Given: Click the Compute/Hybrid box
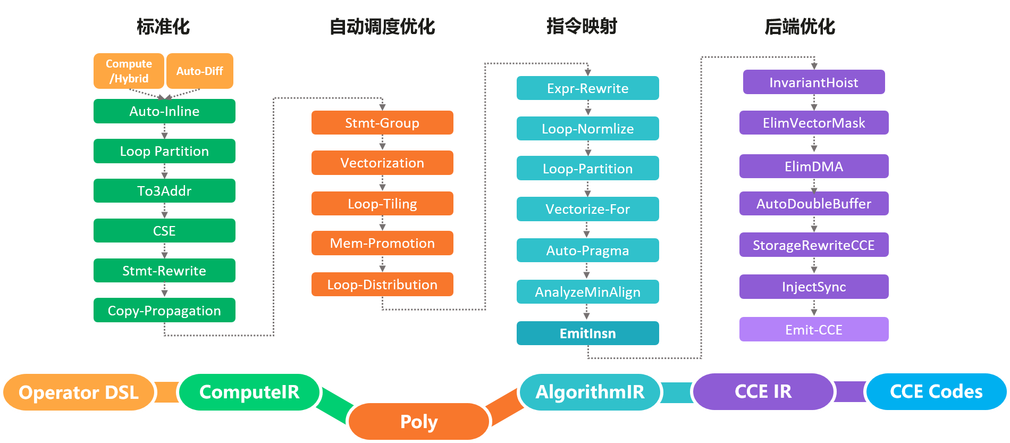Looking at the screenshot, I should point(129,71).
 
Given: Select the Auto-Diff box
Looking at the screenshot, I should point(199,71).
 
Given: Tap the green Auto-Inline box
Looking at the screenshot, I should point(164,111).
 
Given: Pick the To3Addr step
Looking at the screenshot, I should point(164,191).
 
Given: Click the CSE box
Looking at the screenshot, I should point(164,231).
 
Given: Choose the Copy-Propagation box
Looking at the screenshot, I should point(164,311).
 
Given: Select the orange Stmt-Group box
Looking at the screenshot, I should point(382,123).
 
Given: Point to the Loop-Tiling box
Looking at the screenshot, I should point(382,204).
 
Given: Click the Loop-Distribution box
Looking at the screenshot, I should point(382,285).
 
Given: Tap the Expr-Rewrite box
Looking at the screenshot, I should point(587,88).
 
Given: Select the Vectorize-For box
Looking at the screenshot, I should point(587,209).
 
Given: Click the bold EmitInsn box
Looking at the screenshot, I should point(587,333).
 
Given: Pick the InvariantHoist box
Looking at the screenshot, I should point(813,82).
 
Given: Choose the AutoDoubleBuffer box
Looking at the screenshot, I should point(813,204).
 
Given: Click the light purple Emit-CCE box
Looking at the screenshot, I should point(813,330).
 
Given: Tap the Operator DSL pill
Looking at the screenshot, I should point(79,392).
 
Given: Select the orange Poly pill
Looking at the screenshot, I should point(419,422).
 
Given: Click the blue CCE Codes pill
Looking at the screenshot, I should point(936,392).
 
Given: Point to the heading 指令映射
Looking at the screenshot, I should point(582,26).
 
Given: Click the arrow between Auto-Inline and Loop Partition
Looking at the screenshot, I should point(164,131).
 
